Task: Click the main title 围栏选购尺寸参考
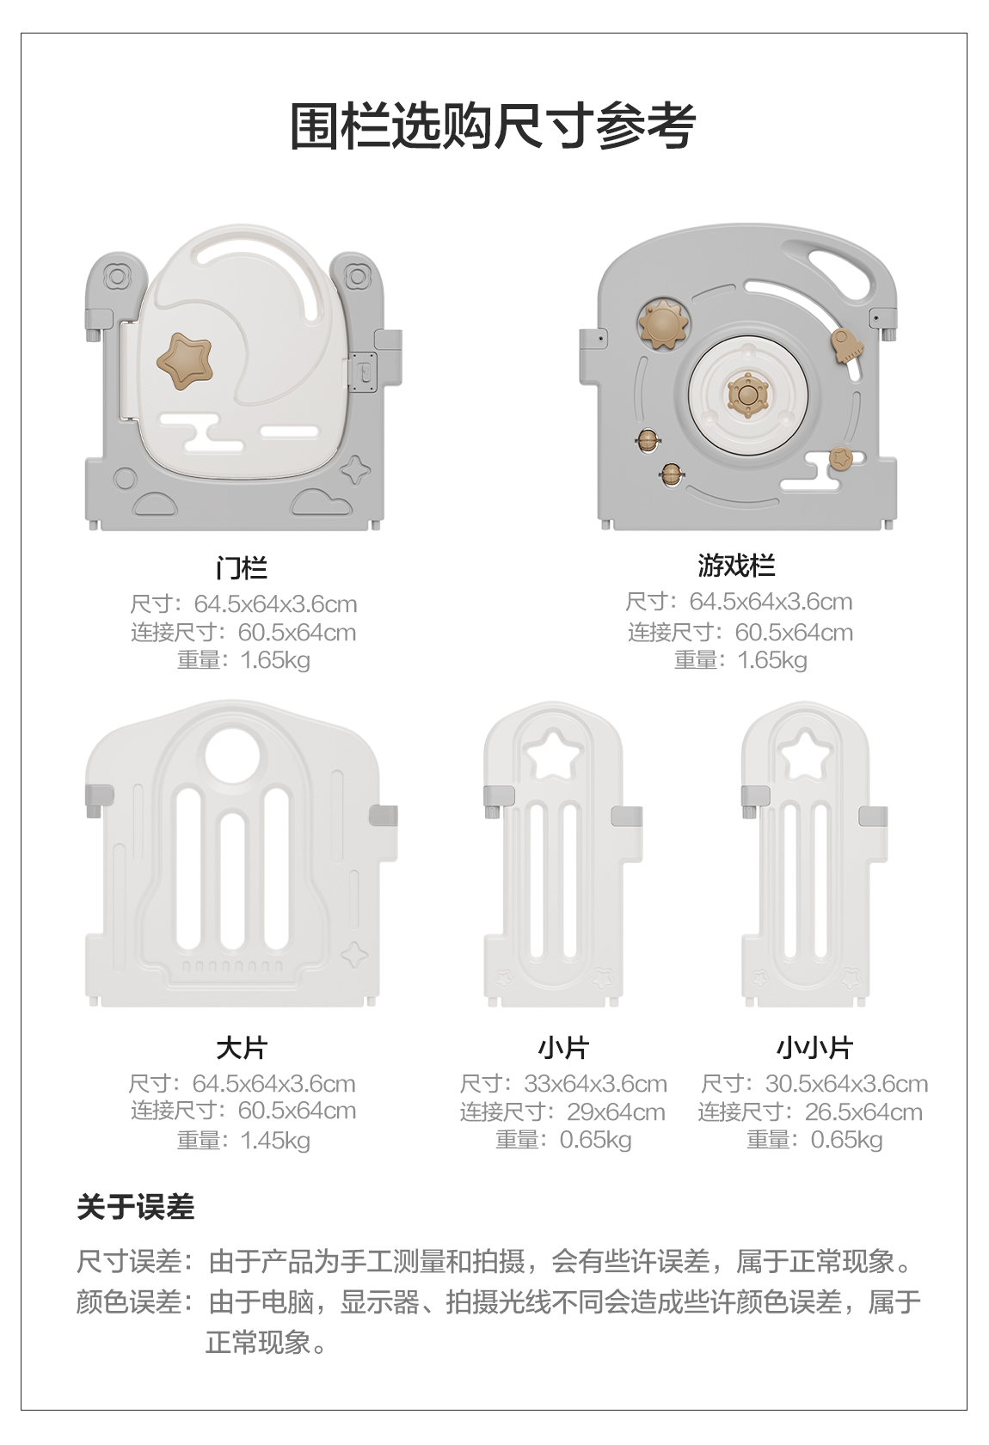coord(493,126)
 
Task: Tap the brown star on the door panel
coord(184,361)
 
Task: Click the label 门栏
coord(242,568)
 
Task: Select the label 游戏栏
coord(736,566)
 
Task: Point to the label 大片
coord(242,1048)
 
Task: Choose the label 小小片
coord(814,1048)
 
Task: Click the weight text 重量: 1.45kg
coord(243,1140)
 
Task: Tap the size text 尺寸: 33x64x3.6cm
coord(563,1083)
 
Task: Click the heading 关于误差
coord(136,1207)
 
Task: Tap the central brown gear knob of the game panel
coord(746,395)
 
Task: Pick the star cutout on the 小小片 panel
coord(806,754)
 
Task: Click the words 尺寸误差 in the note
coord(129,1261)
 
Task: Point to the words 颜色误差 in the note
coord(129,1301)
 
